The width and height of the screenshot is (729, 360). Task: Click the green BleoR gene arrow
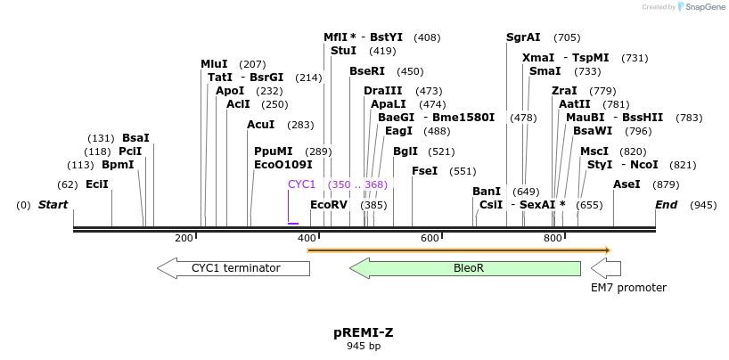pyautogui.click(x=464, y=267)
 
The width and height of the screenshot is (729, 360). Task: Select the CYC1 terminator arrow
pyautogui.click(x=233, y=267)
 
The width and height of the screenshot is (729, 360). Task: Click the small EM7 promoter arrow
pyautogui.click(x=606, y=267)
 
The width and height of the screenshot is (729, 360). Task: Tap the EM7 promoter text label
pyautogui.click(x=628, y=288)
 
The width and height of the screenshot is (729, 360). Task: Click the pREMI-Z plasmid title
pyautogui.click(x=364, y=332)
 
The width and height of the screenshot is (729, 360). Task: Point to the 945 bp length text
pyautogui.click(x=364, y=347)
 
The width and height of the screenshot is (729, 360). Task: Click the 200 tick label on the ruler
pyautogui.click(x=184, y=238)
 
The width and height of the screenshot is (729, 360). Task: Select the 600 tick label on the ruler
pyautogui.click(x=430, y=238)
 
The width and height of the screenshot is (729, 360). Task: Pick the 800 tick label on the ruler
pyautogui.click(x=553, y=238)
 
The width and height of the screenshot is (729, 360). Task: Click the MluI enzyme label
pyautogui.click(x=214, y=64)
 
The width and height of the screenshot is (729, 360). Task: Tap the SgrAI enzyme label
pyautogui.click(x=523, y=37)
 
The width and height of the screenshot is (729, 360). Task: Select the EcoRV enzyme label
pyautogui.click(x=329, y=205)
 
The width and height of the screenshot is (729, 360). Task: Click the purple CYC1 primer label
pyautogui.click(x=302, y=184)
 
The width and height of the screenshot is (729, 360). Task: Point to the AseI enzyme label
pyautogui.click(x=627, y=184)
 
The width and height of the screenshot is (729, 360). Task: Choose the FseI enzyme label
pyautogui.click(x=424, y=171)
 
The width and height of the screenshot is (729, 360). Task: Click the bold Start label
pyautogui.click(x=53, y=205)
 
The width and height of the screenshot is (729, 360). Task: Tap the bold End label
pyautogui.click(x=667, y=205)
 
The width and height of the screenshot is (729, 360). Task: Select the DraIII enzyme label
pyautogui.click(x=383, y=91)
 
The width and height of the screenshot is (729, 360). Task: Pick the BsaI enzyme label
pyautogui.click(x=135, y=138)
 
